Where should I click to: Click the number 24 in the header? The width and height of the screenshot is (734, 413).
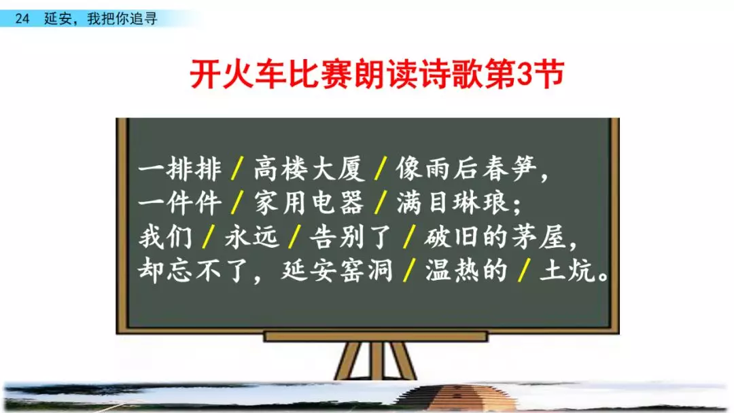(x=22, y=19)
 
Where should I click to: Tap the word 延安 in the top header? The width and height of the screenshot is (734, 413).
(x=58, y=19)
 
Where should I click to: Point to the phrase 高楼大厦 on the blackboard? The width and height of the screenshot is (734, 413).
(x=309, y=169)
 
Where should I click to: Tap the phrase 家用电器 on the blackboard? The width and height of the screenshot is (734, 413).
(x=309, y=203)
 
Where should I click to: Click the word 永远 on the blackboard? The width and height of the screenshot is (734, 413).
(x=252, y=237)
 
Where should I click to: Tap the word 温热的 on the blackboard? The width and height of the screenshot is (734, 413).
(x=466, y=271)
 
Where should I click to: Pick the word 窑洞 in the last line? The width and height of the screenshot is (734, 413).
(x=366, y=271)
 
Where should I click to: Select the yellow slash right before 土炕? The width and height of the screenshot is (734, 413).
(x=524, y=271)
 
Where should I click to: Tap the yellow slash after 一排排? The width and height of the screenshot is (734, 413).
(x=238, y=169)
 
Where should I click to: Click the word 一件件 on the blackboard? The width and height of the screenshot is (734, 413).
(x=179, y=203)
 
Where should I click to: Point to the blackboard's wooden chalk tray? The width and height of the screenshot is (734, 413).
(x=376, y=336)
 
